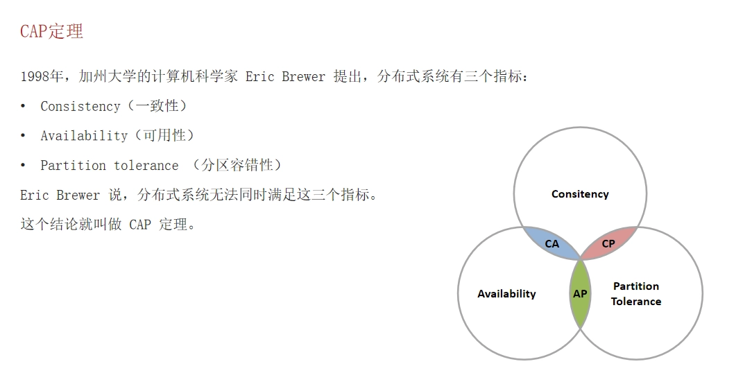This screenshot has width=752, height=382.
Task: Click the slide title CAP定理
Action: pos(52,32)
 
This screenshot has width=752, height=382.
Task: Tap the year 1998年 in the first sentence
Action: pos(41,76)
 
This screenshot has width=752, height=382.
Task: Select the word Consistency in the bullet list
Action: pos(80,106)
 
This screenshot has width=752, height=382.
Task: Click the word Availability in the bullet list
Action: pos(84,136)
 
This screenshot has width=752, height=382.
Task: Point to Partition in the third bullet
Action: pos(73,166)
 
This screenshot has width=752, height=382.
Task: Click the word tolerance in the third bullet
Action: pos(146,166)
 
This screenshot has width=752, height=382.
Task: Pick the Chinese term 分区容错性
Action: pos(237,166)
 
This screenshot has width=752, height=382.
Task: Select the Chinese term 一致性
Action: pos(157,106)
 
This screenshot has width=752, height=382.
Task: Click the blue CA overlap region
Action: pos(552,243)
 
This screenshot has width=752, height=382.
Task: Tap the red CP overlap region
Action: pos(608,243)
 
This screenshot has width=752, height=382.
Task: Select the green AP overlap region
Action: pos(581,293)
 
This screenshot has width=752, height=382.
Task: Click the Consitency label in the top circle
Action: pos(580,194)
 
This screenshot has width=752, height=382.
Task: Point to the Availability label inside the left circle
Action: pos(506,294)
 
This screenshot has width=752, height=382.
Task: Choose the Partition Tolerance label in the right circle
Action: pos(636,294)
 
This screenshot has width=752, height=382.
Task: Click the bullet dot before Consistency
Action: pos(23,106)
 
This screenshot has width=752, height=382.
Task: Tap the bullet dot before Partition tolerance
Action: pos(23,166)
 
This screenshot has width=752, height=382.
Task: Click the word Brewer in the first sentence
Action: pos(303,77)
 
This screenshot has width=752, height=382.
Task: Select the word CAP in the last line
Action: pos(140,225)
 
